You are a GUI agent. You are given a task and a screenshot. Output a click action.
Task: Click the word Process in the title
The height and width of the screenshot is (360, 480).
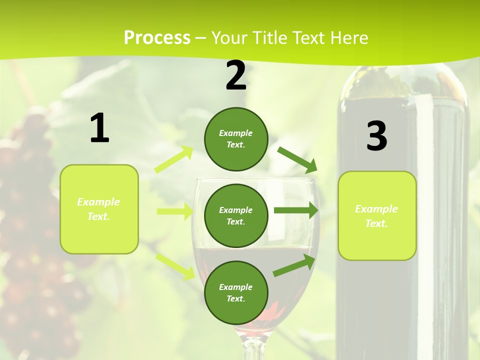click(157, 37)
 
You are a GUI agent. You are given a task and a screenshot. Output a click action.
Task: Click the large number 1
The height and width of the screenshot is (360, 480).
click(99, 128)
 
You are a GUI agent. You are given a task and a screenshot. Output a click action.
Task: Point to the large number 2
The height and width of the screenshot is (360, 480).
click(236, 75)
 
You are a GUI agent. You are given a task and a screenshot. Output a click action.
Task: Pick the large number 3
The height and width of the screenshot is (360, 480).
click(376, 136)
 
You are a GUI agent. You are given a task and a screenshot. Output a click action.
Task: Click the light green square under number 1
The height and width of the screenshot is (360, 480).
click(99, 209)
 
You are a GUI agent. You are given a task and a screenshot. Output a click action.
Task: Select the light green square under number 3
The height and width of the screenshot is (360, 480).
click(377, 215)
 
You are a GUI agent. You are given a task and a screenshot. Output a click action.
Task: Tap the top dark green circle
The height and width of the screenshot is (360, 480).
click(236, 139)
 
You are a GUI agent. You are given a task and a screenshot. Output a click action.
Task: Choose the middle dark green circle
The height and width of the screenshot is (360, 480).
click(236, 215)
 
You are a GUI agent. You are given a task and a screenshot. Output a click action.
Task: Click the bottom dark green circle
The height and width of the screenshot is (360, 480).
click(236, 292)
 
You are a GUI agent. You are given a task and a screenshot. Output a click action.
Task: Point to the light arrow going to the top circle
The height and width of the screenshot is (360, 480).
click(174, 159)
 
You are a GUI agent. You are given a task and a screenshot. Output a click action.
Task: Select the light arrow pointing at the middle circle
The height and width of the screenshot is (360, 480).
click(174, 211)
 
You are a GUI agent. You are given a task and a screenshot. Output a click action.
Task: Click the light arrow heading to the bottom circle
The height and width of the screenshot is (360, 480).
click(175, 266)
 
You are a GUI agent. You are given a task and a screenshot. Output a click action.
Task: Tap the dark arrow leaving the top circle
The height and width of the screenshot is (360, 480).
click(297, 159)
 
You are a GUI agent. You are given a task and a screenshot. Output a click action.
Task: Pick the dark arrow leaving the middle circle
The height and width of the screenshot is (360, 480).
click(296, 210)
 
